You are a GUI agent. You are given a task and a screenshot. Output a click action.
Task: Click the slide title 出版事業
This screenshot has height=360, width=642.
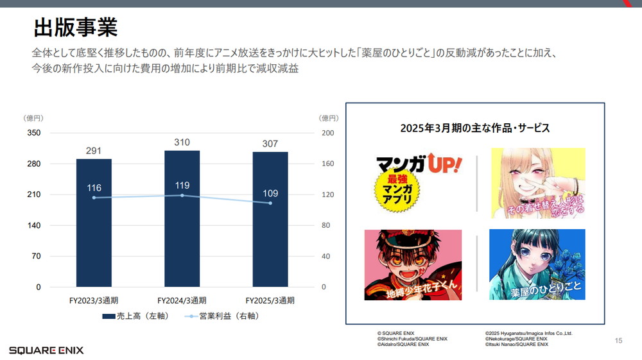(x=75, y=28)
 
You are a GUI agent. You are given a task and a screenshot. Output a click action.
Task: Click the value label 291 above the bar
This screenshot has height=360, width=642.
(x=94, y=151)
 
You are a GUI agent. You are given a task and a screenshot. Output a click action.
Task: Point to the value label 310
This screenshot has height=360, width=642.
(x=182, y=142)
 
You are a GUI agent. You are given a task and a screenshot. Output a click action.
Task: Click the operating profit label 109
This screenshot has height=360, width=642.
(x=270, y=193)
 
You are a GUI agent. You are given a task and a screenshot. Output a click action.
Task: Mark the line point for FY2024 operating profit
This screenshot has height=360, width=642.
(x=182, y=195)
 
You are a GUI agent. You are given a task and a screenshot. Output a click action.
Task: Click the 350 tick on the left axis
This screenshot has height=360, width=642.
(x=33, y=133)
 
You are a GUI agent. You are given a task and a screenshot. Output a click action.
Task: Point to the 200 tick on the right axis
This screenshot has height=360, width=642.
(x=327, y=133)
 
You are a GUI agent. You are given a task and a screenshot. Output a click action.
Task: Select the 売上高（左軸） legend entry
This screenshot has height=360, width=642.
(x=135, y=316)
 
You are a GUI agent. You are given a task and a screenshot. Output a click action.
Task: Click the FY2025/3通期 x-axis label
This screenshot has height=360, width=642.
(x=270, y=300)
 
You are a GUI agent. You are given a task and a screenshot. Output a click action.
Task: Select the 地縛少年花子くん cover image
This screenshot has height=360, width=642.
(x=413, y=264)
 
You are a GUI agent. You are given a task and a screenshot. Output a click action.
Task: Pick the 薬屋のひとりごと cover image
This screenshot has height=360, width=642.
(x=537, y=264)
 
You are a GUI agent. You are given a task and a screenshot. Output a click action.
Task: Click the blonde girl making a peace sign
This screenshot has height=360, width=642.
(x=538, y=183)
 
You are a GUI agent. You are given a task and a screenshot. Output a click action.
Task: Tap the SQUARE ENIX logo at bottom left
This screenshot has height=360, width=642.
(x=46, y=350)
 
